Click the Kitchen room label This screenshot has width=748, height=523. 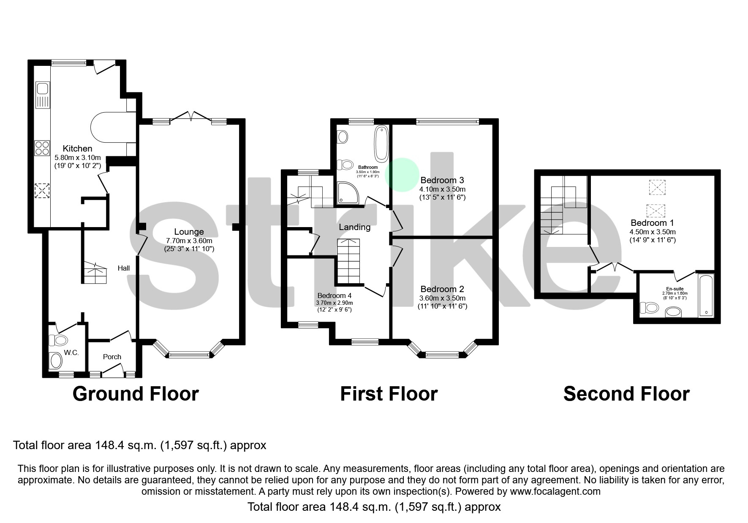77,149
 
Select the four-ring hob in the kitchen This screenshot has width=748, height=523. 42,148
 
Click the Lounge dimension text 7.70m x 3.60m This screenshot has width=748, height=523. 189,241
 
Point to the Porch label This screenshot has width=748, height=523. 112,357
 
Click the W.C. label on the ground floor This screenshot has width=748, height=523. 71,352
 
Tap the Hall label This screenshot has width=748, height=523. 124,268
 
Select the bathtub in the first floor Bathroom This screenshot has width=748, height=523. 381,144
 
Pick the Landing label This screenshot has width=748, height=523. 354,227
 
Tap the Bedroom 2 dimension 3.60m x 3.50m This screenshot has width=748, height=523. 442,298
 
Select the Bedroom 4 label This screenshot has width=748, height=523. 334,295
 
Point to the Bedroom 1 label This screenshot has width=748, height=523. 652,223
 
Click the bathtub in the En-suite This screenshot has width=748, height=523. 705,295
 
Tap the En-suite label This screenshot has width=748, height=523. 675,289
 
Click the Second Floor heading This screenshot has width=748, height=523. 626,394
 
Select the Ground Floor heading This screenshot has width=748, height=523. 136,394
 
